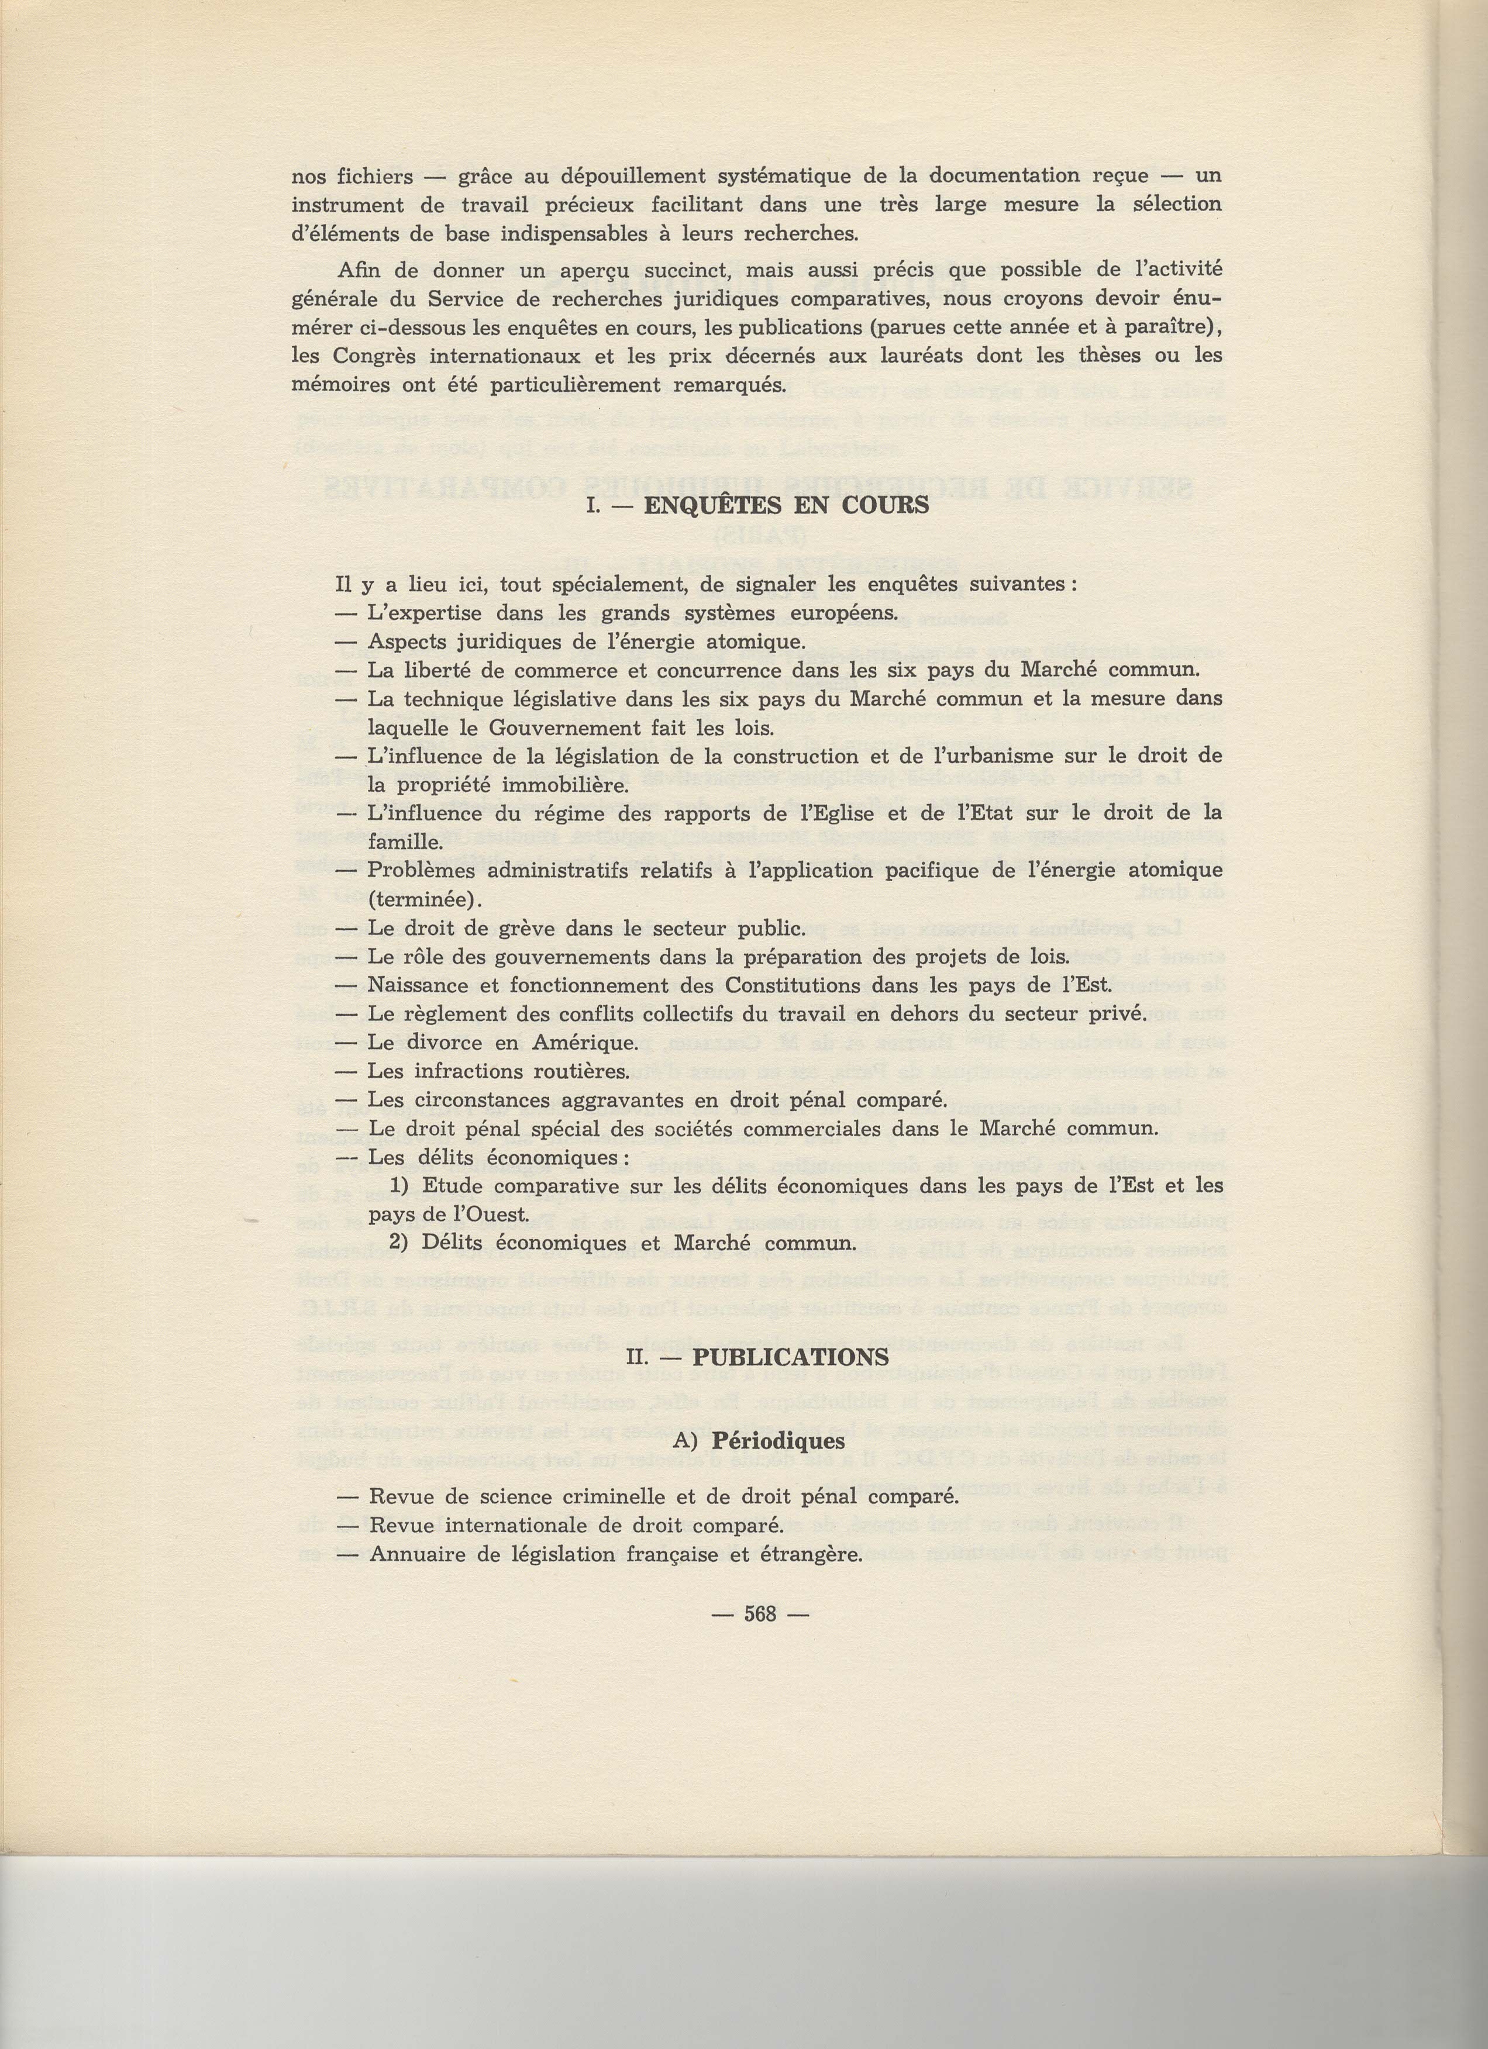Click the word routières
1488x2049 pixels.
click(573, 1071)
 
